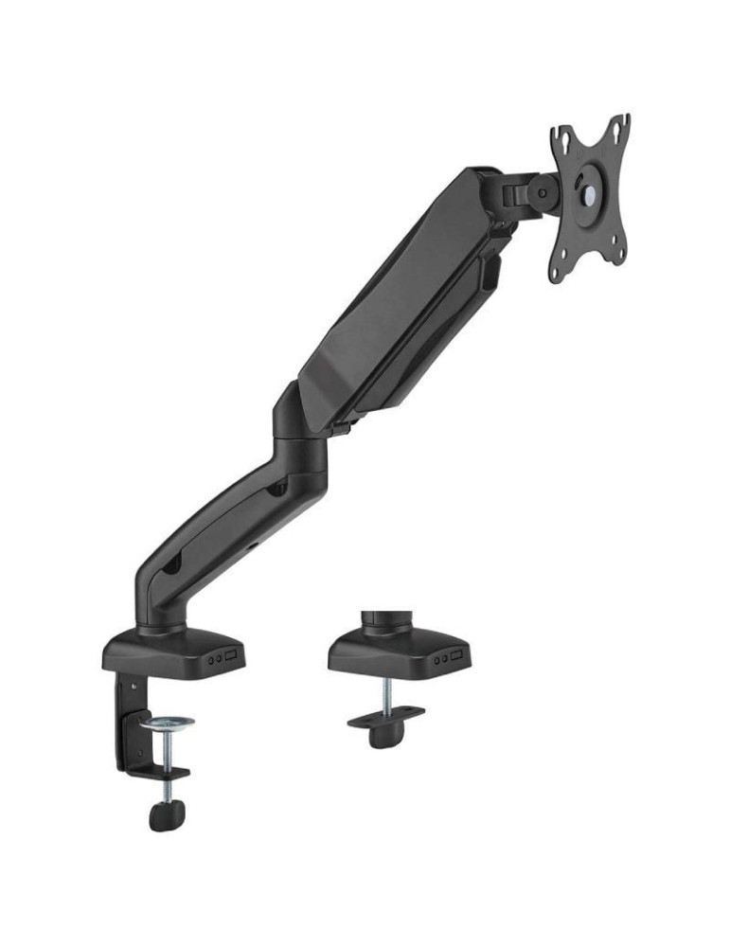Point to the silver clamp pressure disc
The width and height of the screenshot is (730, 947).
click(167, 724)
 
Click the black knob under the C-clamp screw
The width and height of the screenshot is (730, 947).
click(167, 814)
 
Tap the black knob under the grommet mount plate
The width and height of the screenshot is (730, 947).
click(384, 735)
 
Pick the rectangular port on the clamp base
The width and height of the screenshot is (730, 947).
click(233, 654)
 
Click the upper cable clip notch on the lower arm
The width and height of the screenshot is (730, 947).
click(277, 490)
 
